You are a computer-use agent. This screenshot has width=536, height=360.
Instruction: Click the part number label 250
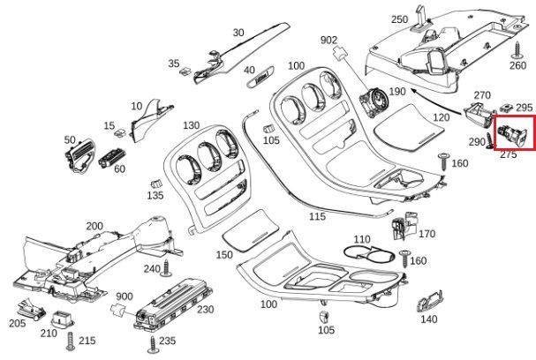click(399, 19)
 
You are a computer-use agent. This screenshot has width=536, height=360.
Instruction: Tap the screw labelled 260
click(517, 50)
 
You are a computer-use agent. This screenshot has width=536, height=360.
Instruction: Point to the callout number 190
click(397, 92)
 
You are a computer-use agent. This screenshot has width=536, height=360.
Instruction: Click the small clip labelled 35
click(186, 71)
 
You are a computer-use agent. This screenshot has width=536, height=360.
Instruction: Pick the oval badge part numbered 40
click(260, 77)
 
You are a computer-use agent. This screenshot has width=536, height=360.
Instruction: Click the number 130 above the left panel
click(191, 125)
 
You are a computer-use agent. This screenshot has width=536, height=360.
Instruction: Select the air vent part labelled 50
click(80, 156)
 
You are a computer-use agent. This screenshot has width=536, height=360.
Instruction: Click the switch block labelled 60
click(111, 157)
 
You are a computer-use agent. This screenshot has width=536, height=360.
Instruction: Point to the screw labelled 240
click(167, 267)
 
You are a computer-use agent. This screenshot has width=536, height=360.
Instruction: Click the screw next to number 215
click(71, 341)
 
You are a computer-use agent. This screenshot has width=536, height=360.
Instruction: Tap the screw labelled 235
click(153, 344)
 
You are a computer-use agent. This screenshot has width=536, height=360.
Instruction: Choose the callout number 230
click(206, 310)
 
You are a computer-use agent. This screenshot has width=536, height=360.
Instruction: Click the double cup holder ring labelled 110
click(368, 253)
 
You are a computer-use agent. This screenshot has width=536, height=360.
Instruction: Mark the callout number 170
click(427, 234)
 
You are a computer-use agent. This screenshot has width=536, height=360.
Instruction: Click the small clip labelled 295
click(506, 109)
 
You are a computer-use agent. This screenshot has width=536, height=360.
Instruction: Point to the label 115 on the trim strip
click(317, 216)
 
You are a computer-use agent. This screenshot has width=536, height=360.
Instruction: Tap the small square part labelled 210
click(62, 319)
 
